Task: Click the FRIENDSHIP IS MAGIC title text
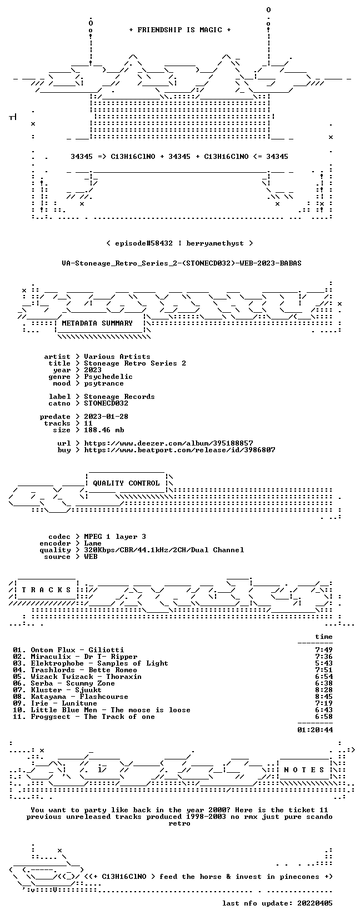[x=180, y=30]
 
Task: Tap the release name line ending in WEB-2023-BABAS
[x=182, y=263]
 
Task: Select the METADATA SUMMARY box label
[x=97, y=323]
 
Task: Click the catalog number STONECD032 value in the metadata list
[x=106, y=403]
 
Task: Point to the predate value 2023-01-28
[x=106, y=417]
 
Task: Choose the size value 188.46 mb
[x=104, y=430]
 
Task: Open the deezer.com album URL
[x=168, y=443]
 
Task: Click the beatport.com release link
[x=179, y=450]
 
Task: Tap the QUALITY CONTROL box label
[x=126, y=483]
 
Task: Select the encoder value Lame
[x=93, y=543]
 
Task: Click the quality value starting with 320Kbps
[x=164, y=550]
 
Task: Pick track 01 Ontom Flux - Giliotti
[x=68, y=650]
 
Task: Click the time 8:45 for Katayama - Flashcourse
[x=324, y=697]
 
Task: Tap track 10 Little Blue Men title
[x=102, y=710]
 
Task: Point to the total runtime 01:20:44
[x=315, y=730]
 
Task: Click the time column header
[x=324, y=637]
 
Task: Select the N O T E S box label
[x=304, y=770]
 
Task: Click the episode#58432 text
[x=144, y=243]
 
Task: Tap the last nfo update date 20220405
[x=315, y=903]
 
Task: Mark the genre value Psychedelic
[x=108, y=377]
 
